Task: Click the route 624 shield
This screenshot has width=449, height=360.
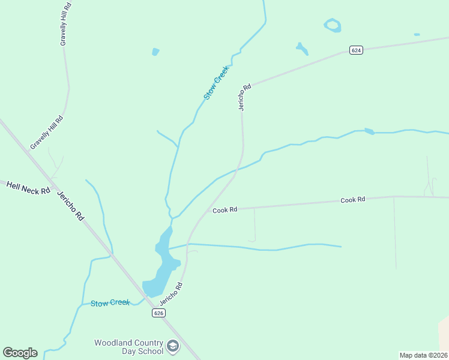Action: click(x=356, y=50)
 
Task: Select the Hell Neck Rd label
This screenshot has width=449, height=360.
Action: click(x=28, y=188)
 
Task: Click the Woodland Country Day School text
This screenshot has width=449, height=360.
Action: click(x=128, y=347)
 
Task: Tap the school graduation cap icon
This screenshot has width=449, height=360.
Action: click(x=173, y=346)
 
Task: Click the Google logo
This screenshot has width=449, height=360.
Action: click(x=20, y=353)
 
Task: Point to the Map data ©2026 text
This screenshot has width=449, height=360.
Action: click(x=423, y=355)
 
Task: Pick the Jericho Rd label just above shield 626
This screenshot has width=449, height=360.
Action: click(x=171, y=294)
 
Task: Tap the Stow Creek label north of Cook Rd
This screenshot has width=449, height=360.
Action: click(x=216, y=82)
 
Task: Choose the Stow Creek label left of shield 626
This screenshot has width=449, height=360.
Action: click(x=110, y=303)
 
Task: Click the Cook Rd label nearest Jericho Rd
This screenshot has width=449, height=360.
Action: click(x=225, y=210)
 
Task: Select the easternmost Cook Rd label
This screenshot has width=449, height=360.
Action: click(x=353, y=200)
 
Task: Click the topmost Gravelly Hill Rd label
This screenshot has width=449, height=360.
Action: click(x=65, y=24)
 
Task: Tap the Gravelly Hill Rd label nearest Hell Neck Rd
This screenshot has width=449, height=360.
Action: click(x=47, y=132)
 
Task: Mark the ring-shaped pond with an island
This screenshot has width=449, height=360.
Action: click(x=333, y=25)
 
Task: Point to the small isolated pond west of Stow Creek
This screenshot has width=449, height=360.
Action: click(x=156, y=52)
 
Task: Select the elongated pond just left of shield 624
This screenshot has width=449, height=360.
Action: click(x=302, y=48)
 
